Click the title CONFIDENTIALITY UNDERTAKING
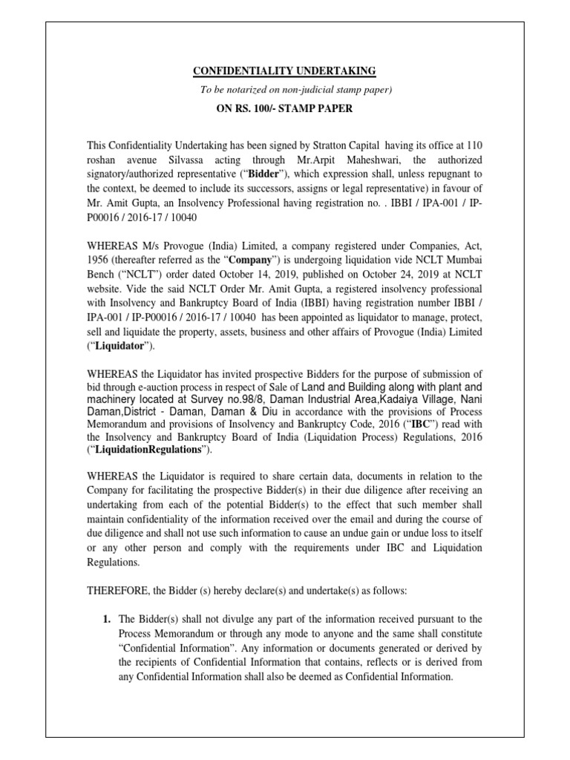(x=284, y=71)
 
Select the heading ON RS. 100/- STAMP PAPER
(x=284, y=108)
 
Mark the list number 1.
(x=106, y=619)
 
